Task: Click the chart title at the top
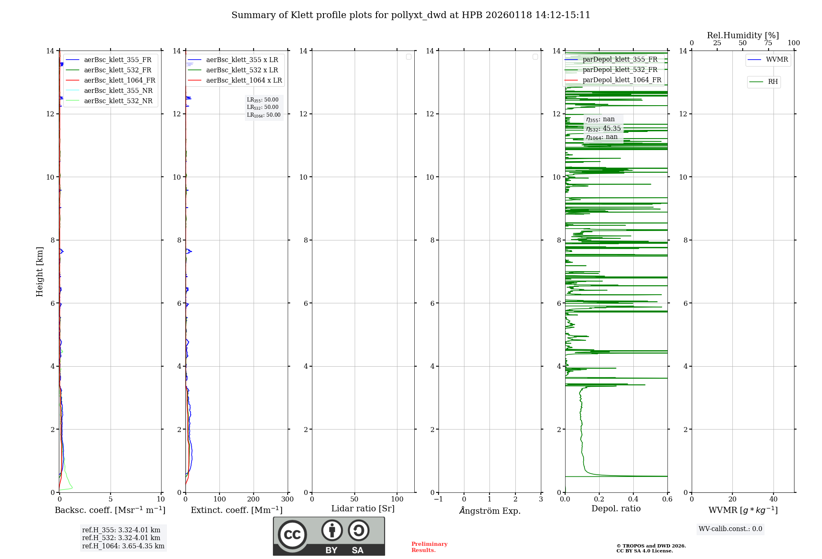coord(411,15)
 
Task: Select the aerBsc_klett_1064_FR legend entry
coord(119,80)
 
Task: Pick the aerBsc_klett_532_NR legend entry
coord(118,101)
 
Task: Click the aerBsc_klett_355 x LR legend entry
coord(242,60)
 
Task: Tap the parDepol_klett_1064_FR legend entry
coord(621,80)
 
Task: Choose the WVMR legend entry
coord(776,60)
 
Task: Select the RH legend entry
coord(772,82)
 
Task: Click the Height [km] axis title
coord(39,271)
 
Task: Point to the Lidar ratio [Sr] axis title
coord(363,508)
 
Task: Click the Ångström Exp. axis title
coord(490,510)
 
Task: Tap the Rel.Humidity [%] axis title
coord(743,35)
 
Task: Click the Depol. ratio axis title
coord(616,508)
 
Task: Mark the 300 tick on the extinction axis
coord(287,499)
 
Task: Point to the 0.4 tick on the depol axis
coord(633,499)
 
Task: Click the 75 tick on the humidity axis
coord(768,43)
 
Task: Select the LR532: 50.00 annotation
coord(263,107)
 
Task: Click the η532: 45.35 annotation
coord(603,129)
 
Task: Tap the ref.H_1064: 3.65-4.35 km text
coord(123,546)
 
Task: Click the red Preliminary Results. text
coord(429,547)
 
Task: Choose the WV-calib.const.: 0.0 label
coord(730,529)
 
